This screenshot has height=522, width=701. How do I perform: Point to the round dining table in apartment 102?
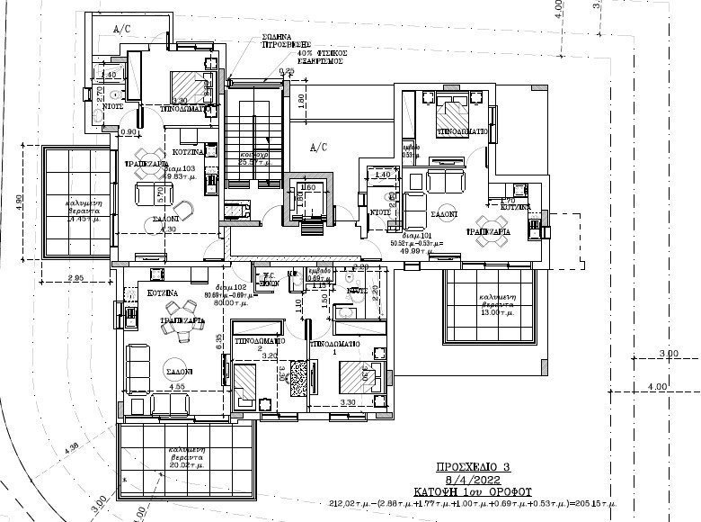[x=183, y=334]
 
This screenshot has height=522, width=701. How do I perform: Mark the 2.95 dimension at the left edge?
[x=75, y=278]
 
